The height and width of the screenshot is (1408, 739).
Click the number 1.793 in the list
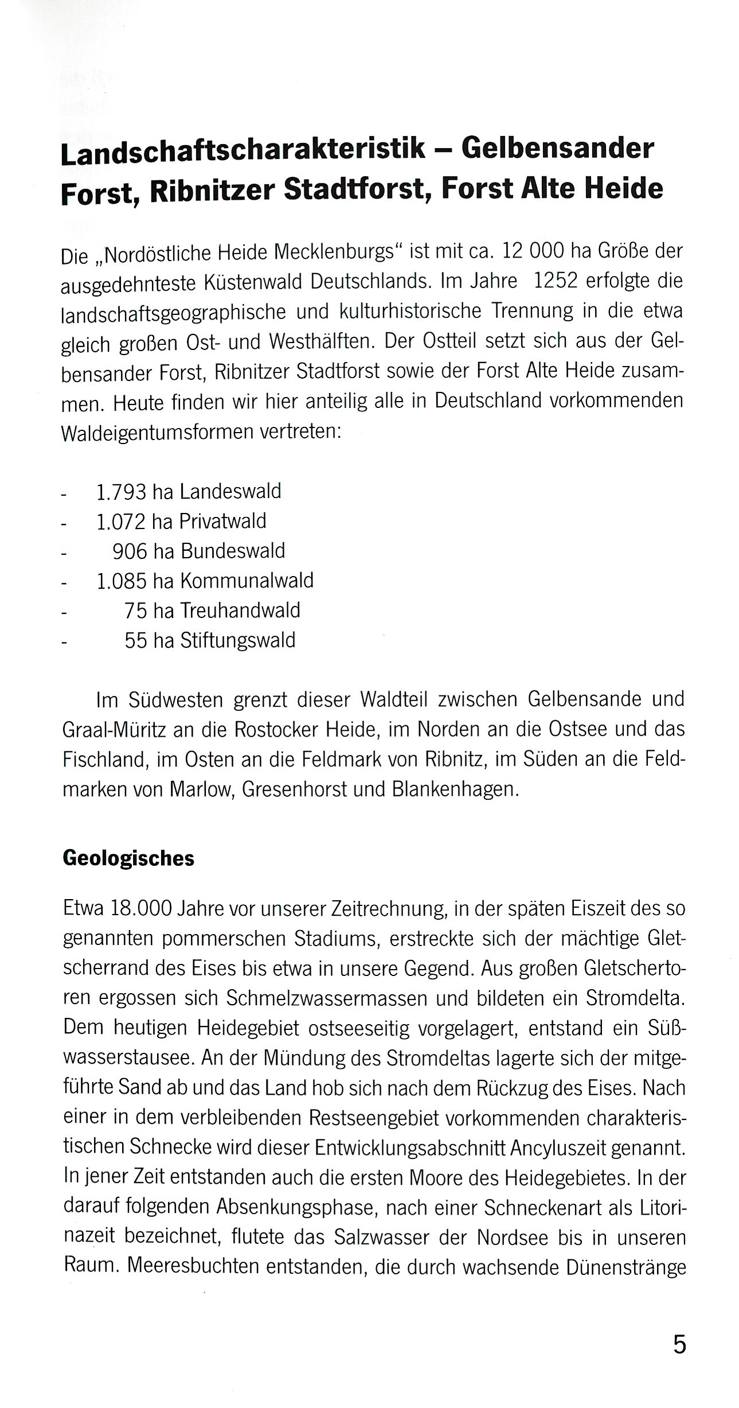[121, 492]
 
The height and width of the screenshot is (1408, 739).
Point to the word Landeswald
[230, 492]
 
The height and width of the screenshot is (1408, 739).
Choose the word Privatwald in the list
[223, 522]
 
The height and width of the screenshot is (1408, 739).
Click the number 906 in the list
[129, 551]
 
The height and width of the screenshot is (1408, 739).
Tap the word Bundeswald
[233, 551]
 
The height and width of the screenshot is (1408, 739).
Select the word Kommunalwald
[247, 581]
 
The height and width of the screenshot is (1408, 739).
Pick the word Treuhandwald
[240, 610]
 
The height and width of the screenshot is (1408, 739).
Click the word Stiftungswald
[238, 640]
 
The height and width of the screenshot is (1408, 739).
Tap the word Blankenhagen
[455, 789]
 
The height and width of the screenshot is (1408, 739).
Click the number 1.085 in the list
[121, 581]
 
